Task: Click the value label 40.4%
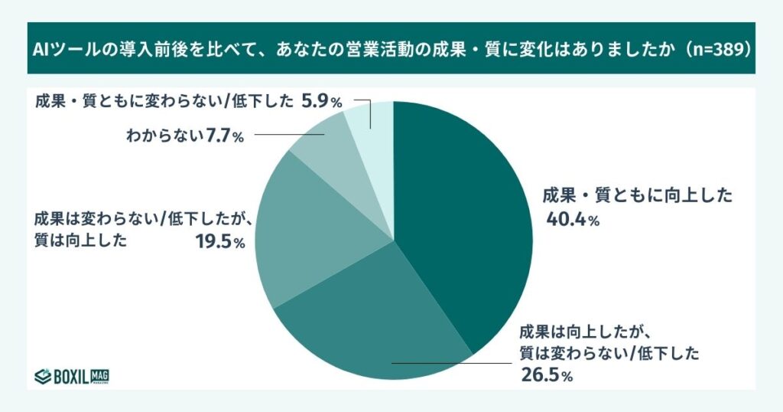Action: coord(571,220)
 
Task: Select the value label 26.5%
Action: coord(547,376)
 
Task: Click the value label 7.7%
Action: coord(224,137)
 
